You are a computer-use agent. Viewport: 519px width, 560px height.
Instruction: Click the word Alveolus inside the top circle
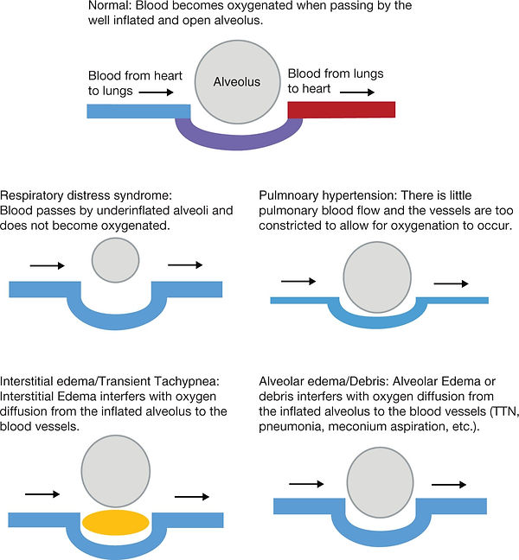coord(237,82)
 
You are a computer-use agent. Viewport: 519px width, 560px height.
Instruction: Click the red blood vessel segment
coord(342,110)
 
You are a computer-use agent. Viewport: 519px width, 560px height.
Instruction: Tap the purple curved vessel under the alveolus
coord(239,137)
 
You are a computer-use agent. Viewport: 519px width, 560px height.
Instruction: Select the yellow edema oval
coord(115,523)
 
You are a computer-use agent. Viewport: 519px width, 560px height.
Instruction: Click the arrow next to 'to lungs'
coord(156,92)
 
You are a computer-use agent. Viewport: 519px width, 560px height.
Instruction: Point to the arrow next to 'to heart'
coord(356,92)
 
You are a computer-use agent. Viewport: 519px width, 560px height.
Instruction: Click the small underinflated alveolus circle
coord(115,259)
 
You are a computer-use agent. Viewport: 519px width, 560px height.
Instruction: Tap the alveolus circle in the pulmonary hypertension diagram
coord(377,277)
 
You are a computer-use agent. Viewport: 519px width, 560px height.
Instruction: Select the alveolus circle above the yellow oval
coord(115,472)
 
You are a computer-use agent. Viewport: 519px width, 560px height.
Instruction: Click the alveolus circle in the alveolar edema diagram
coord(380,482)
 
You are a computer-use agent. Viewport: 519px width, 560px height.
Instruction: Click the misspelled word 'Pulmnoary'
coord(288,195)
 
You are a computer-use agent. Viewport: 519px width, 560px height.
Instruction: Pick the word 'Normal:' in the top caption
coord(110,5)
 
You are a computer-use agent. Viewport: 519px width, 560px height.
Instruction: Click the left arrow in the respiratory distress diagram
coord(48,265)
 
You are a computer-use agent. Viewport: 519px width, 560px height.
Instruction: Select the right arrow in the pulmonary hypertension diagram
coord(451,283)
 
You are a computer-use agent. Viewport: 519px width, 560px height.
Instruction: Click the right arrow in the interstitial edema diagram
coord(191,496)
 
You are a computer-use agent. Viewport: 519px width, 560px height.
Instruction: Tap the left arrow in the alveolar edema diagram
coord(306,484)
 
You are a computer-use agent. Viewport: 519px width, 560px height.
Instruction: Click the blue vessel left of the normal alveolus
coord(138,111)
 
